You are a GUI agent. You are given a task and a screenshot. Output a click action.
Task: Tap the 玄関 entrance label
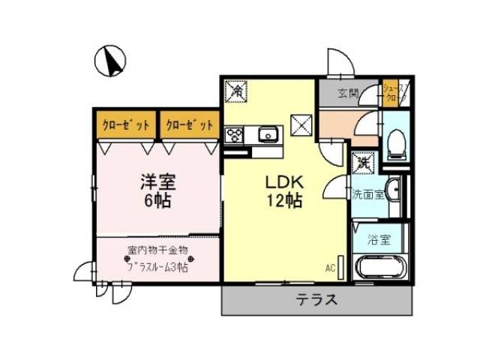coord(346,94)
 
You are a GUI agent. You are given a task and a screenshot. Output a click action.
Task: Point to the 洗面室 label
coord(368,194)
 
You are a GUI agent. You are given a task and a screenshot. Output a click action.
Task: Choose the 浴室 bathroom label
coord(378,241)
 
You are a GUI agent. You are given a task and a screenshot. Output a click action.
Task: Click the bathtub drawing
coord(380,268)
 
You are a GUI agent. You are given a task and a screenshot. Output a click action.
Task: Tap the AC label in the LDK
coord(331,267)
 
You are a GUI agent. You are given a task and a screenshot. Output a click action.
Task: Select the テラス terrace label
coord(315,301)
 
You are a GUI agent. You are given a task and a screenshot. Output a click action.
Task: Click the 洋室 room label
coord(157,182)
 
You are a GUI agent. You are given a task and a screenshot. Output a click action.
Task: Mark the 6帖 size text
coord(157,200)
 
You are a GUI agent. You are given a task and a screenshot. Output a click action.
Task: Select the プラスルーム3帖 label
coord(157,266)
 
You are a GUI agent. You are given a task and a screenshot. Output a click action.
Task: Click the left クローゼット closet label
coord(125,124)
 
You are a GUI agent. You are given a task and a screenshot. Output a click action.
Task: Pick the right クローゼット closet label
coord(190,124)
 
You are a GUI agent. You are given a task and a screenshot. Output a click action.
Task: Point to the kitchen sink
coord(268,135)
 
